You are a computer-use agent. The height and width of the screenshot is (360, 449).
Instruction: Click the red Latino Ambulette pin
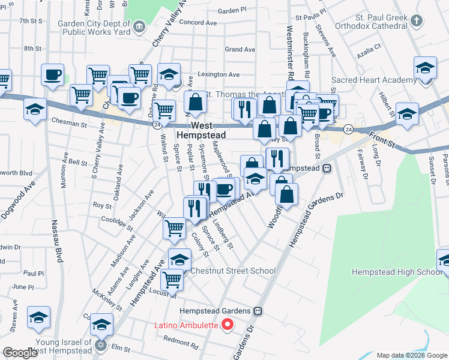click(x=228, y=325)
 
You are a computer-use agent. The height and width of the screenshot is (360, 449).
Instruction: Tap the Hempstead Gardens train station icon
click(x=259, y=311)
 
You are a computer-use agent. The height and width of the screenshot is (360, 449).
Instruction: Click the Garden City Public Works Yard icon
click(x=139, y=26)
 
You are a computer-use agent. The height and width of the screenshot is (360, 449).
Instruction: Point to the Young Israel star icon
click(x=101, y=346)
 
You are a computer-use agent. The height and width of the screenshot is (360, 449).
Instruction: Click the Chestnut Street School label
click(x=233, y=271)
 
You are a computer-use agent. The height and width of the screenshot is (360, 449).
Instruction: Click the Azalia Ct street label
click(x=369, y=46)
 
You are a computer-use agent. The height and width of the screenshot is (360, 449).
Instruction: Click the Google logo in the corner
click(x=20, y=353)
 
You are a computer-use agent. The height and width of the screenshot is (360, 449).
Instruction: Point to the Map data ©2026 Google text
click(x=412, y=355)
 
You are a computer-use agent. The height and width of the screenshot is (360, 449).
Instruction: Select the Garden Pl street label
click(x=232, y=10)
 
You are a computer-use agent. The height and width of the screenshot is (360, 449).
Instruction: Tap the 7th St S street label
click(x=32, y=21)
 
